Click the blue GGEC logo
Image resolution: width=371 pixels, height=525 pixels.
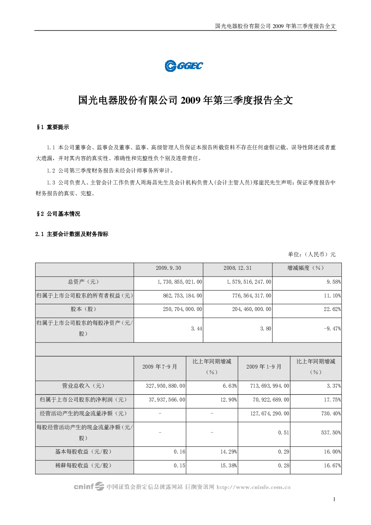(184, 66)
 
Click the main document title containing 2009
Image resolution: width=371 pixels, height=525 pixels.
(185, 100)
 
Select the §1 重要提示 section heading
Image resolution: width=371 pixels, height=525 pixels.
(53, 127)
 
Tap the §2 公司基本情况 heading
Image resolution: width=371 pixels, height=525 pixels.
(58, 214)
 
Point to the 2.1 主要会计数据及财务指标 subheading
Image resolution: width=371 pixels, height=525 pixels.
(72, 234)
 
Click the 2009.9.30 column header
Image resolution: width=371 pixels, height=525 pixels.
(168, 268)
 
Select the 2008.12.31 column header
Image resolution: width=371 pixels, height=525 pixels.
(237, 268)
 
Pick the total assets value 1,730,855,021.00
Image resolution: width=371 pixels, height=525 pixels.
(180, 282)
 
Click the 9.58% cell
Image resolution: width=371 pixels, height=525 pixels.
(334, 282)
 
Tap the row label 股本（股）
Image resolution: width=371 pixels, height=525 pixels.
(83, 309)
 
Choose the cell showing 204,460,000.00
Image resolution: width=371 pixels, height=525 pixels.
(252, 309)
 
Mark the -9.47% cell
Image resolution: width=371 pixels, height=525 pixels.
(332, 329)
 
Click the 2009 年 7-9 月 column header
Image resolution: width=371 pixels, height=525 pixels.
(160, 367)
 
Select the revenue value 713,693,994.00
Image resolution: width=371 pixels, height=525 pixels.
(270, 386)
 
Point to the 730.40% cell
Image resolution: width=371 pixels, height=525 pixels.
(331, 413)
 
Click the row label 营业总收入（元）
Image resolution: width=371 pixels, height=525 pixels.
(83, 386)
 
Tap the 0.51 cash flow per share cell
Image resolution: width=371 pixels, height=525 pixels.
(283, 433)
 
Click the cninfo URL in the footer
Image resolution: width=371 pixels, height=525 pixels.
(254, 487)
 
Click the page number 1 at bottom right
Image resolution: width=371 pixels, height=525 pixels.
(334, 499)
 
